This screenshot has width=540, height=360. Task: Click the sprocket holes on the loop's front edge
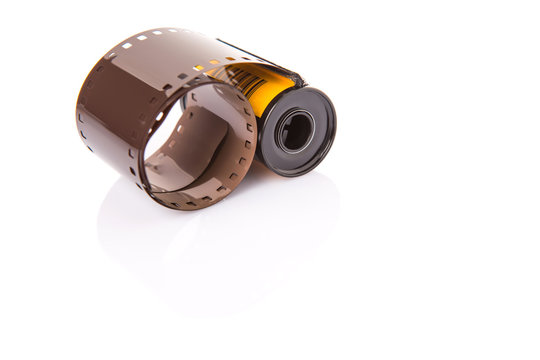pos(240,150)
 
